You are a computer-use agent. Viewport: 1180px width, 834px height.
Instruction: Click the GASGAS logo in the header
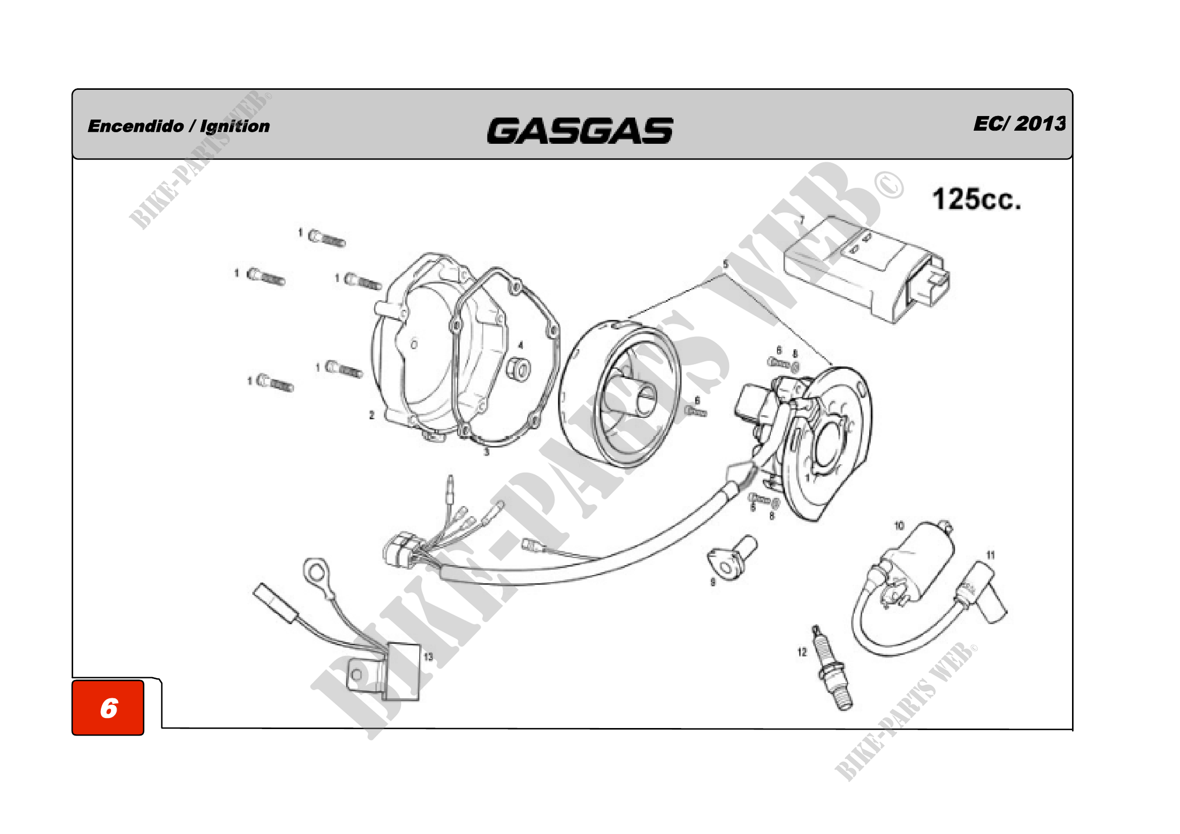580,131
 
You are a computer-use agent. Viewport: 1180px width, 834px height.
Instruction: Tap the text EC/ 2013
1019,124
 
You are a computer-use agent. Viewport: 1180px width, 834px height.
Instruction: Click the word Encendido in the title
136,127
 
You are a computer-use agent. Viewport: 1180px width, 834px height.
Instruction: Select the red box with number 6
108,707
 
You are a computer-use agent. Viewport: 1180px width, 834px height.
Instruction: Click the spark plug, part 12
833,671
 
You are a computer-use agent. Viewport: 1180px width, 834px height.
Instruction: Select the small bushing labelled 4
518,370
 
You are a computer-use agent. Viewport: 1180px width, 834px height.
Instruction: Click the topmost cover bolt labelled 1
327,239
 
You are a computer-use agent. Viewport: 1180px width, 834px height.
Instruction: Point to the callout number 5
725,265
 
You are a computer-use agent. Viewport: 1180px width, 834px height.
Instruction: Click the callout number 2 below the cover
372,415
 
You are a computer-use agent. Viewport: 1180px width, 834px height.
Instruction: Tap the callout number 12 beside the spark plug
802,652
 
